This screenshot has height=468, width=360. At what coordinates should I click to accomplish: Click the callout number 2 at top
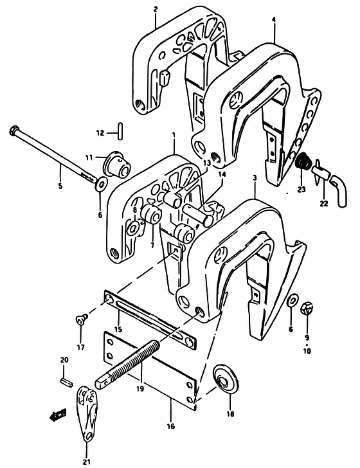coord(155,9)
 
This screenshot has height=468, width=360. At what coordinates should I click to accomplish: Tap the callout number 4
coord(274,19)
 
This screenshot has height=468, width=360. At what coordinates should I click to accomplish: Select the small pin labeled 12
coord(120,130)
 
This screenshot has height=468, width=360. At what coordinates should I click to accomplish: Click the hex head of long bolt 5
coord(14,130)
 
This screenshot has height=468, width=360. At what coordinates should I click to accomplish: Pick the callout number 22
coord(324,204)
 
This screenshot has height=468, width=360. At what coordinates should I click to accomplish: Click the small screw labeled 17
coord(80,320)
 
